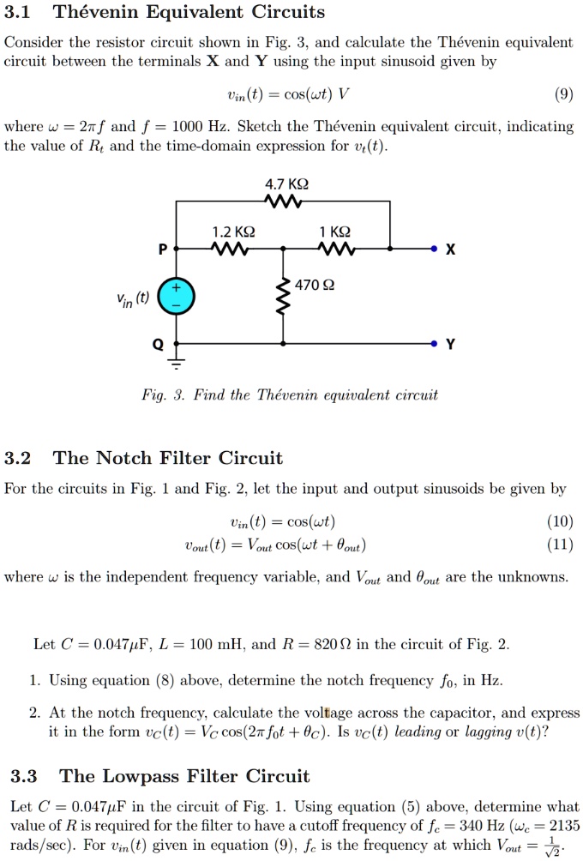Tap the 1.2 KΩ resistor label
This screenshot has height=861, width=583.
(x=232, y=232)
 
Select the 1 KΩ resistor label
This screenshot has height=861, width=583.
(x=334, y=232)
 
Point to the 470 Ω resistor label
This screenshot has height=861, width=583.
(x=316, y=285)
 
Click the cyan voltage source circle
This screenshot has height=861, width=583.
(x=177, y=296)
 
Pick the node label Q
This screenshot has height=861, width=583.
(x=158, y=343)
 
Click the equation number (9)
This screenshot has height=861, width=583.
(x=563, y=96)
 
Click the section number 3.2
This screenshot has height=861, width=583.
(x=18, y=458)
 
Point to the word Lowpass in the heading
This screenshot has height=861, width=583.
(x=141, y=777)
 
